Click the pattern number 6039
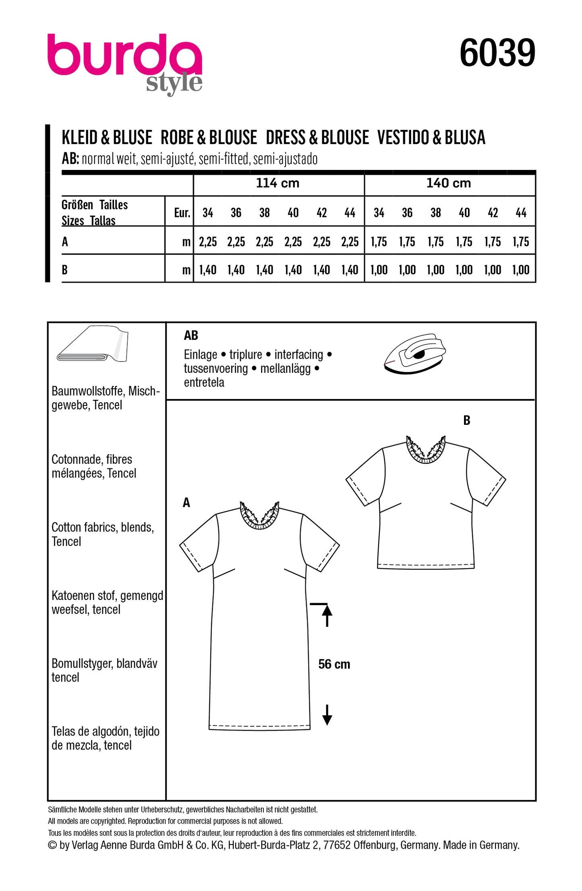click(497, 53)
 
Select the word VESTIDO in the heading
click(403, 138)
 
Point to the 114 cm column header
click(278, 184)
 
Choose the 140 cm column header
click(449, 184)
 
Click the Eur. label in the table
click(182, 213)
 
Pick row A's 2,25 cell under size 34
click(208, 242)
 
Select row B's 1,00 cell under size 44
click(521, 270)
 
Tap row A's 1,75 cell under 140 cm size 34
click(379, 242)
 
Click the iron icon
click(415, 354)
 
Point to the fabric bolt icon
click(93, 345)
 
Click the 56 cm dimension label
click(334, 664)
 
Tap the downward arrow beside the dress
click(327, 715)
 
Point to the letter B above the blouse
click(466, 420)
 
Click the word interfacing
click(299, 355)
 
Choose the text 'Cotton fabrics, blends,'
click(103, 527)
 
